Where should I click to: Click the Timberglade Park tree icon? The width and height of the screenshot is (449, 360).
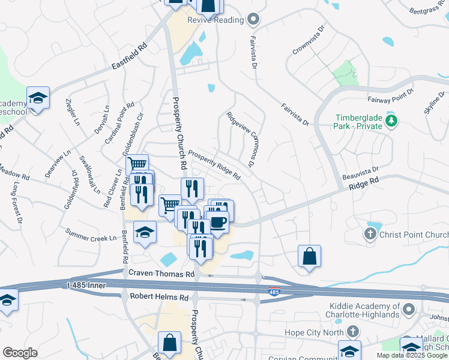(392, 122)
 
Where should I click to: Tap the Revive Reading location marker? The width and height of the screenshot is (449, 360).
(254, 20)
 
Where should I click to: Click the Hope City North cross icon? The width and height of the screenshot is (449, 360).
(354, 331)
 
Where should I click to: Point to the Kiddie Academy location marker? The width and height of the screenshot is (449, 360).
(409, 310)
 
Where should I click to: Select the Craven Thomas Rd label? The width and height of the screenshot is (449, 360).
(162, 274)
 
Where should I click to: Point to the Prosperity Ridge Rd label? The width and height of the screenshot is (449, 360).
(214, 165)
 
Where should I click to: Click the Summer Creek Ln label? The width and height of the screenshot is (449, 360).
(91, 234)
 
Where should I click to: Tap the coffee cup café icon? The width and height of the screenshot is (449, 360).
(218, 221)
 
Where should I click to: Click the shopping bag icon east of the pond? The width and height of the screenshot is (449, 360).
(309, 256)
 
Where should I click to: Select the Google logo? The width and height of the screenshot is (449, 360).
(20, 353)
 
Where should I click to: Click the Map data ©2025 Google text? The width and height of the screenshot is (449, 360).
(412, 355)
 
